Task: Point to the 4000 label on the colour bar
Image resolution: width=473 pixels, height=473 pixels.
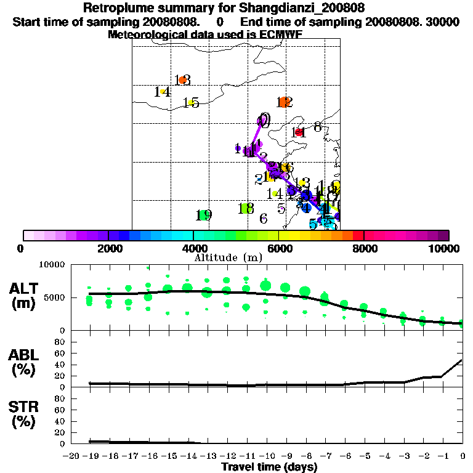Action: (x=193, y=248)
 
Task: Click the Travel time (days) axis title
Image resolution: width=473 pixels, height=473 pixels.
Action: (x=269, y=467)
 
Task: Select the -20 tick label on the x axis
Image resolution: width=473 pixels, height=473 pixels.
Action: (x=71, y=456)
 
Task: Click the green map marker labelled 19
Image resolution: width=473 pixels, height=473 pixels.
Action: (x=202, y=215)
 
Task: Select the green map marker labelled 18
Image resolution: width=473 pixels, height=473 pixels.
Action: (x=246, y=208)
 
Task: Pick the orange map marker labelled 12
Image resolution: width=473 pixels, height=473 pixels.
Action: (x=283, y=102)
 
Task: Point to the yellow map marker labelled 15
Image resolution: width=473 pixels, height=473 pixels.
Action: (x=190, y=103)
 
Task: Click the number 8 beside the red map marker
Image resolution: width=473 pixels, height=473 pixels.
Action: (x=317, y=127)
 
